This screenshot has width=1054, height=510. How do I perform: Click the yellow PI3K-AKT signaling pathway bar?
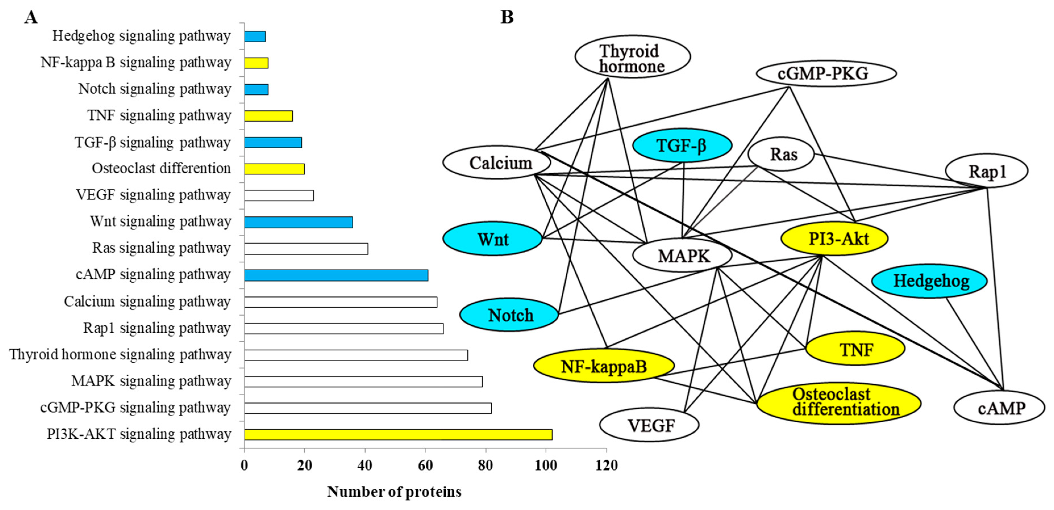coord(398,434)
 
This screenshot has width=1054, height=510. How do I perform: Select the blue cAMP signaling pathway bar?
coord(336,275)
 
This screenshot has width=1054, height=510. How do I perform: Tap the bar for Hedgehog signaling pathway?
coord(255,36)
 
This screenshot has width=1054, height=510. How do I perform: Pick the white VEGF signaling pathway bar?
coord(279,195)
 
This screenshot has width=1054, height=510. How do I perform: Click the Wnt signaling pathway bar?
coord(298,222)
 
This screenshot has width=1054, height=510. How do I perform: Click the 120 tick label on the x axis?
coord(606,465)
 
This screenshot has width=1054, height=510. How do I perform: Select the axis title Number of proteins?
coord(394,492)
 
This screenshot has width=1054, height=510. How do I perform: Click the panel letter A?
coord(31,17)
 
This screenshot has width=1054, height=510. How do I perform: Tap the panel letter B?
coord(507,17)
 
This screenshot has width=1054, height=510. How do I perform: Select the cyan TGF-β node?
coord(682,146)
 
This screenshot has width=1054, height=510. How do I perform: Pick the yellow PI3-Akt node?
coord(834,238)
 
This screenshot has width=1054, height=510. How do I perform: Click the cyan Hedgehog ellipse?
coord(929,281)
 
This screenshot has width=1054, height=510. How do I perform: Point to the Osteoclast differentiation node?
coord(838,402)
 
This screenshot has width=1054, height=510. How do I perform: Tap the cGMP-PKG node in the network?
coord(826,73)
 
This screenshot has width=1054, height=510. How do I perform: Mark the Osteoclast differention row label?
coord(161,168)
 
